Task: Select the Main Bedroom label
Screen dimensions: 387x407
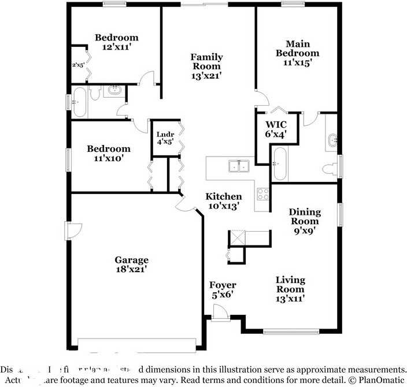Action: coord(297,53)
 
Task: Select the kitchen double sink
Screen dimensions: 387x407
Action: coord(238,166)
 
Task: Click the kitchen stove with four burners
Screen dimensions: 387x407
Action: coord(263,193)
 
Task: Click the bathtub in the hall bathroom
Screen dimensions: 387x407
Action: coord(80,102)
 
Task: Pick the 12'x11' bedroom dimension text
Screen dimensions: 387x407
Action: coord(116,47)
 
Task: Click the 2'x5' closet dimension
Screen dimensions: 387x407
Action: coord(77,65)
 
